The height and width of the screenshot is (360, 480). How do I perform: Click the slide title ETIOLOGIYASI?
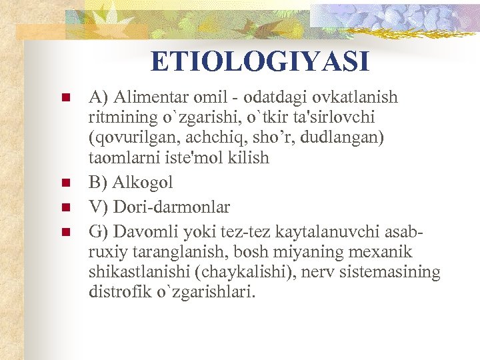click(259, 62)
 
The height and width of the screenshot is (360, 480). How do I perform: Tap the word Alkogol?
click(143, 182)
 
